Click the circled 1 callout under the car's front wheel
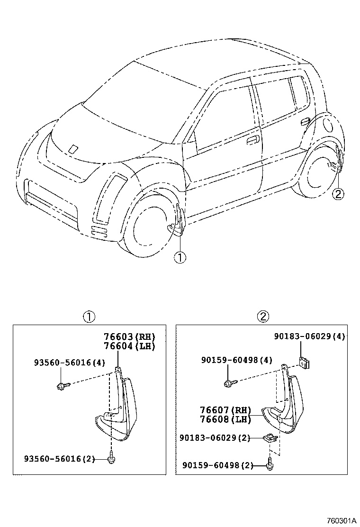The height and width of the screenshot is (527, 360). point(180,257)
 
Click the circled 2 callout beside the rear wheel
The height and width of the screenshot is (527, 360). point(338,194)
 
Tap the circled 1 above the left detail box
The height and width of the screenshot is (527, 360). point(89,316)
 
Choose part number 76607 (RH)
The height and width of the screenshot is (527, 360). point(225,410)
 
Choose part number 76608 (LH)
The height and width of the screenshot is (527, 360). point(225,419)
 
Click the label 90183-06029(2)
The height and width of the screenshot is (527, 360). point(215,438)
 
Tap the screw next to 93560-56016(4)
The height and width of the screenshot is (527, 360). point(63,385)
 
